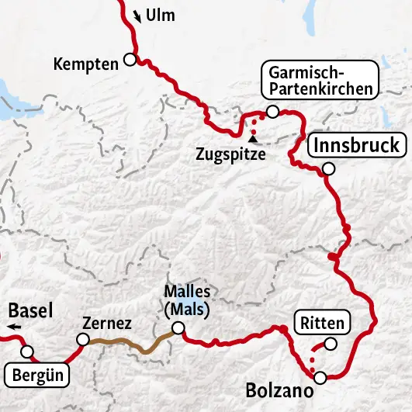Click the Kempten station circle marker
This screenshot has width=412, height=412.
coord(130,59)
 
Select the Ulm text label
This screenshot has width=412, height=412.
coord(165,16)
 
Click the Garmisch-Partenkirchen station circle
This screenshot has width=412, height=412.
coord(272,112)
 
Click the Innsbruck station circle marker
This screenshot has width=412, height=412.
coord(328,168)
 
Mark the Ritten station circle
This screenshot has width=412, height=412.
coord(331,344)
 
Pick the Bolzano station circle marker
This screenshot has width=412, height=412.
coord(320,378)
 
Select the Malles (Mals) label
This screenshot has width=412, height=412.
coord(187,299)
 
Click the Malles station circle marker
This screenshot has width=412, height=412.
coord(178,329)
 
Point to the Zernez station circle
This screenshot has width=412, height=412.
coord(82,339)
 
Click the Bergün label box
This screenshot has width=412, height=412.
coord(37,376)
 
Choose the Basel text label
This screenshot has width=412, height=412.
coord(30,311)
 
